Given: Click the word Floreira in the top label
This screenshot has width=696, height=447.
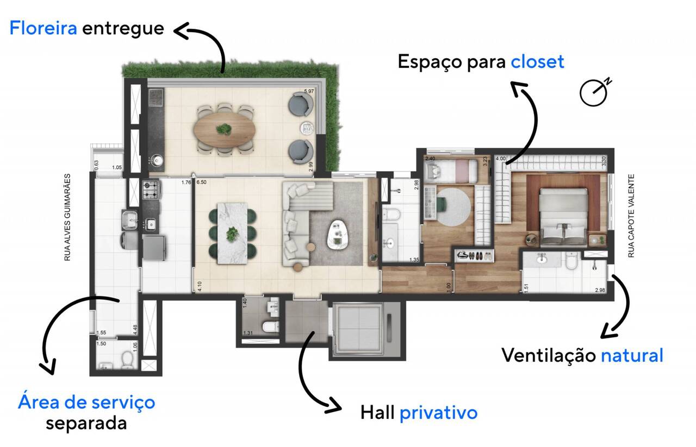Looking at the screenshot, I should pyautogui.click(x=43, y=28).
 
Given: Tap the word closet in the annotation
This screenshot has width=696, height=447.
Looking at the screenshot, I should pyautogui.click(x=537, y=61).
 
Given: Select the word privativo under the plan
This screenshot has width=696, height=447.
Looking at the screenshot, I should pyautogui.click(x=438, y=413).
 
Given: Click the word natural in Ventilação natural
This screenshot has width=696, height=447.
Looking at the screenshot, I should pyautogui.click(x=632, y=356).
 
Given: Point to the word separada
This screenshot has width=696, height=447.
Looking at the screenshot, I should pyautogui.click(x=86, y=423).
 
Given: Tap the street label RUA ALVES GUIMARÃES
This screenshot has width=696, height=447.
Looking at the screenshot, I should pyautogui.click(x=67, y=217).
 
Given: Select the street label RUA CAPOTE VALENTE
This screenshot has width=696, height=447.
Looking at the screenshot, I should pyautogui.click(x=631, y=216).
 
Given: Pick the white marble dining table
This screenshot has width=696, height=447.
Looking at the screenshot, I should pyautogui.click(x=232, y=233).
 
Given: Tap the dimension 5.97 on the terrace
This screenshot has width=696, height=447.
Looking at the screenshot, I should pyautogui.click(x=309, y=91).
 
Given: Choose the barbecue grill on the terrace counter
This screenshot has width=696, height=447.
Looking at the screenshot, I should pyautogui.click(x=156, y=98).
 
